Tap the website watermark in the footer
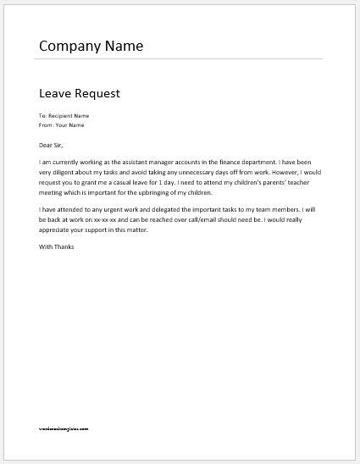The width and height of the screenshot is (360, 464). point(75,429)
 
